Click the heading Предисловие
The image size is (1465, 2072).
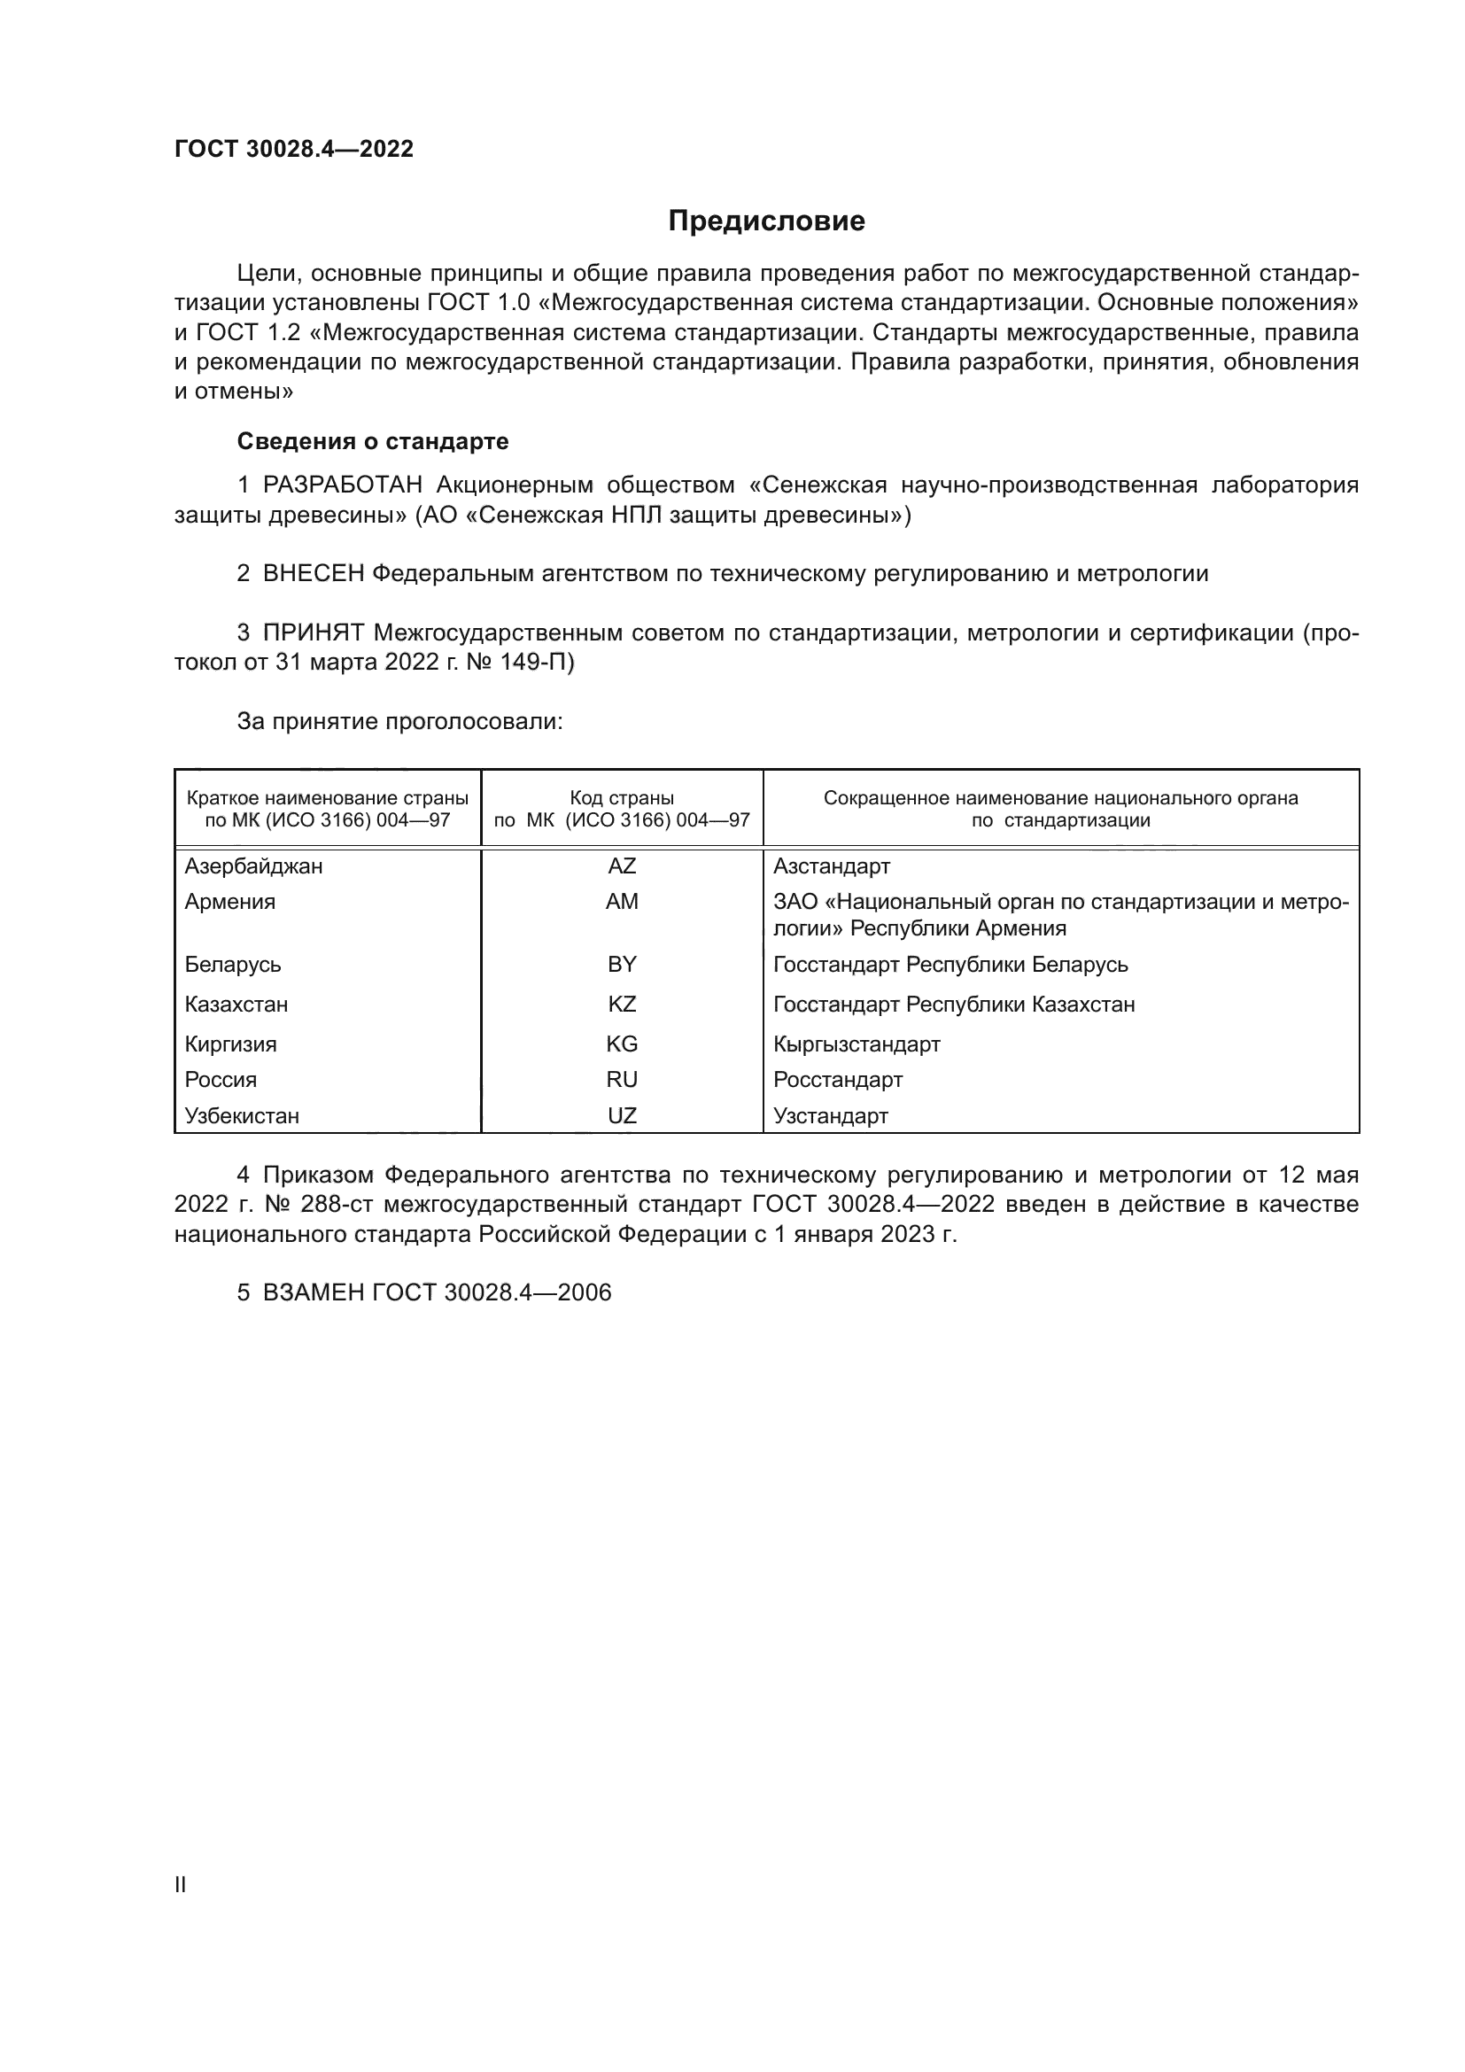766,221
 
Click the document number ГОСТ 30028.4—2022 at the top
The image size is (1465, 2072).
294,150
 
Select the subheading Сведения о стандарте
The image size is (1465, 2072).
373,441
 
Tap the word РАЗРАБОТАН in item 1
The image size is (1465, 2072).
343,485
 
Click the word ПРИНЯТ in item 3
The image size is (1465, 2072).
313,632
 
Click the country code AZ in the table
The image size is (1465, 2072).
622,866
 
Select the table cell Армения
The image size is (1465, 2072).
230,902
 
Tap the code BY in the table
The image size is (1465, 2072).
622,965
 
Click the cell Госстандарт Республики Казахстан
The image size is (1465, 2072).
954,1005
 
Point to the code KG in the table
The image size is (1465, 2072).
622,1044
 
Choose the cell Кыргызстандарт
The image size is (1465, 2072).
857,1044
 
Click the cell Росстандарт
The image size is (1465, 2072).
837,1079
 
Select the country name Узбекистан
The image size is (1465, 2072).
242,1115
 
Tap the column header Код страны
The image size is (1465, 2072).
622,799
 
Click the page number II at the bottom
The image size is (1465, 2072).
181,1884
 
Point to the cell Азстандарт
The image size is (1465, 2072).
831,866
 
